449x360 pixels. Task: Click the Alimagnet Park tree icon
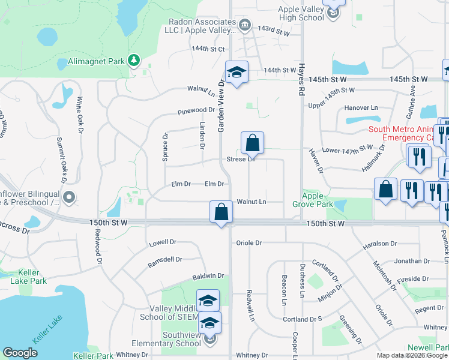coord(133,60)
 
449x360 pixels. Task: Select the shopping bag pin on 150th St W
coord(221,212)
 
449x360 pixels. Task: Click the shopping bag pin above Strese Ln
coord(253,143)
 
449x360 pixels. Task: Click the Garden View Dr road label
coord(221,107)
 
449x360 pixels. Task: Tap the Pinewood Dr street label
coord(196,110)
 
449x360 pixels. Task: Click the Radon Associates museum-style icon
coord(245,25)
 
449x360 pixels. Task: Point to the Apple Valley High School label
coord(301,13)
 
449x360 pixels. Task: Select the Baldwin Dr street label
coord(208,276)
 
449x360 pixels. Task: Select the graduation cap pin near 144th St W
coord(237,73)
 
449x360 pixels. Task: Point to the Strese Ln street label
coord(241,159)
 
